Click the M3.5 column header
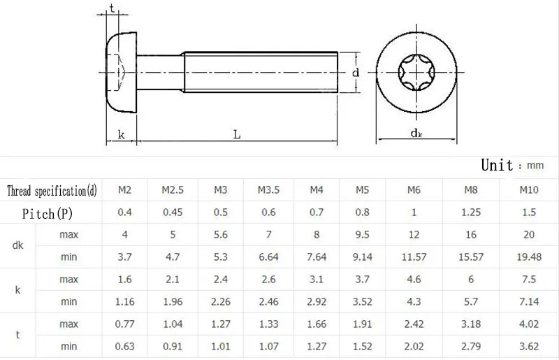(268, 190)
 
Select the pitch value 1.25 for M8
(470, 213)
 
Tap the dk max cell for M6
(414, 235)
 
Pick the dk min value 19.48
(529, 257)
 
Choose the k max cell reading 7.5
(529, 280)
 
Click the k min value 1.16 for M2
(125, 302)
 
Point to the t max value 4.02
(529, 324)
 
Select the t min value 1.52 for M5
(362, 347)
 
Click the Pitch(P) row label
(48, 213)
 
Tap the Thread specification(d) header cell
(52, 191)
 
